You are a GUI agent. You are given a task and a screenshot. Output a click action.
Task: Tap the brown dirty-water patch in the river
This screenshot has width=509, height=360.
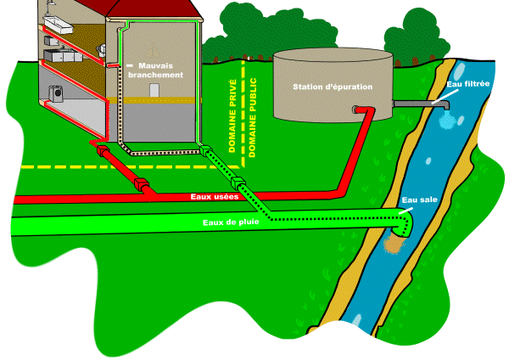point(392,245)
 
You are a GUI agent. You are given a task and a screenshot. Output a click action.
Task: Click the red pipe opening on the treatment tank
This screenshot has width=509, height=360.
point(357,109)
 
